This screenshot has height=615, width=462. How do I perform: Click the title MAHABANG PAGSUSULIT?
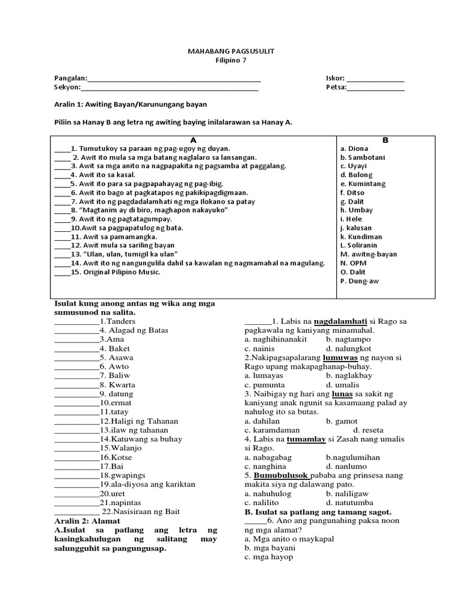[230, 52]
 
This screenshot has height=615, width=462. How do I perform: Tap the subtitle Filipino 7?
[230, 60]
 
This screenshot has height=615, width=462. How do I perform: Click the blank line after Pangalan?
[174, 79]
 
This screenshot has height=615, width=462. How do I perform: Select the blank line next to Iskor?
[375, 79]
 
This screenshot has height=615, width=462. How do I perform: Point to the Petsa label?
[335, 88]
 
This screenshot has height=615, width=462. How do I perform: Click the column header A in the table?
[194, 139]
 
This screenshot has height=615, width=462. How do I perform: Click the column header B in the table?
[386, 139]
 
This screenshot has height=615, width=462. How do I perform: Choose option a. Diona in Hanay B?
[355, 148]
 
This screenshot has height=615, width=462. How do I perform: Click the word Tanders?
[120, 321]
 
